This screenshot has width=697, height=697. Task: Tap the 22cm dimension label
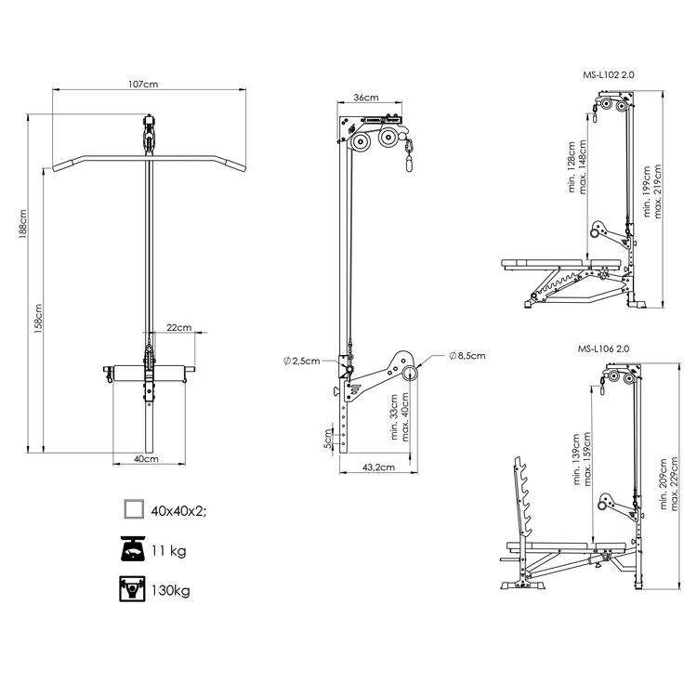point(178,328)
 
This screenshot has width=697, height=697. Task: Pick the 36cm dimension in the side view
point(365,98)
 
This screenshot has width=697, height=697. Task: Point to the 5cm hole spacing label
point(328,437)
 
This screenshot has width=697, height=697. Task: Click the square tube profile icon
point(134,508)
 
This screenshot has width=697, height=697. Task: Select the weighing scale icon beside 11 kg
point(134,550)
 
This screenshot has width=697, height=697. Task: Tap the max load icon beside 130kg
point(134,589)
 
